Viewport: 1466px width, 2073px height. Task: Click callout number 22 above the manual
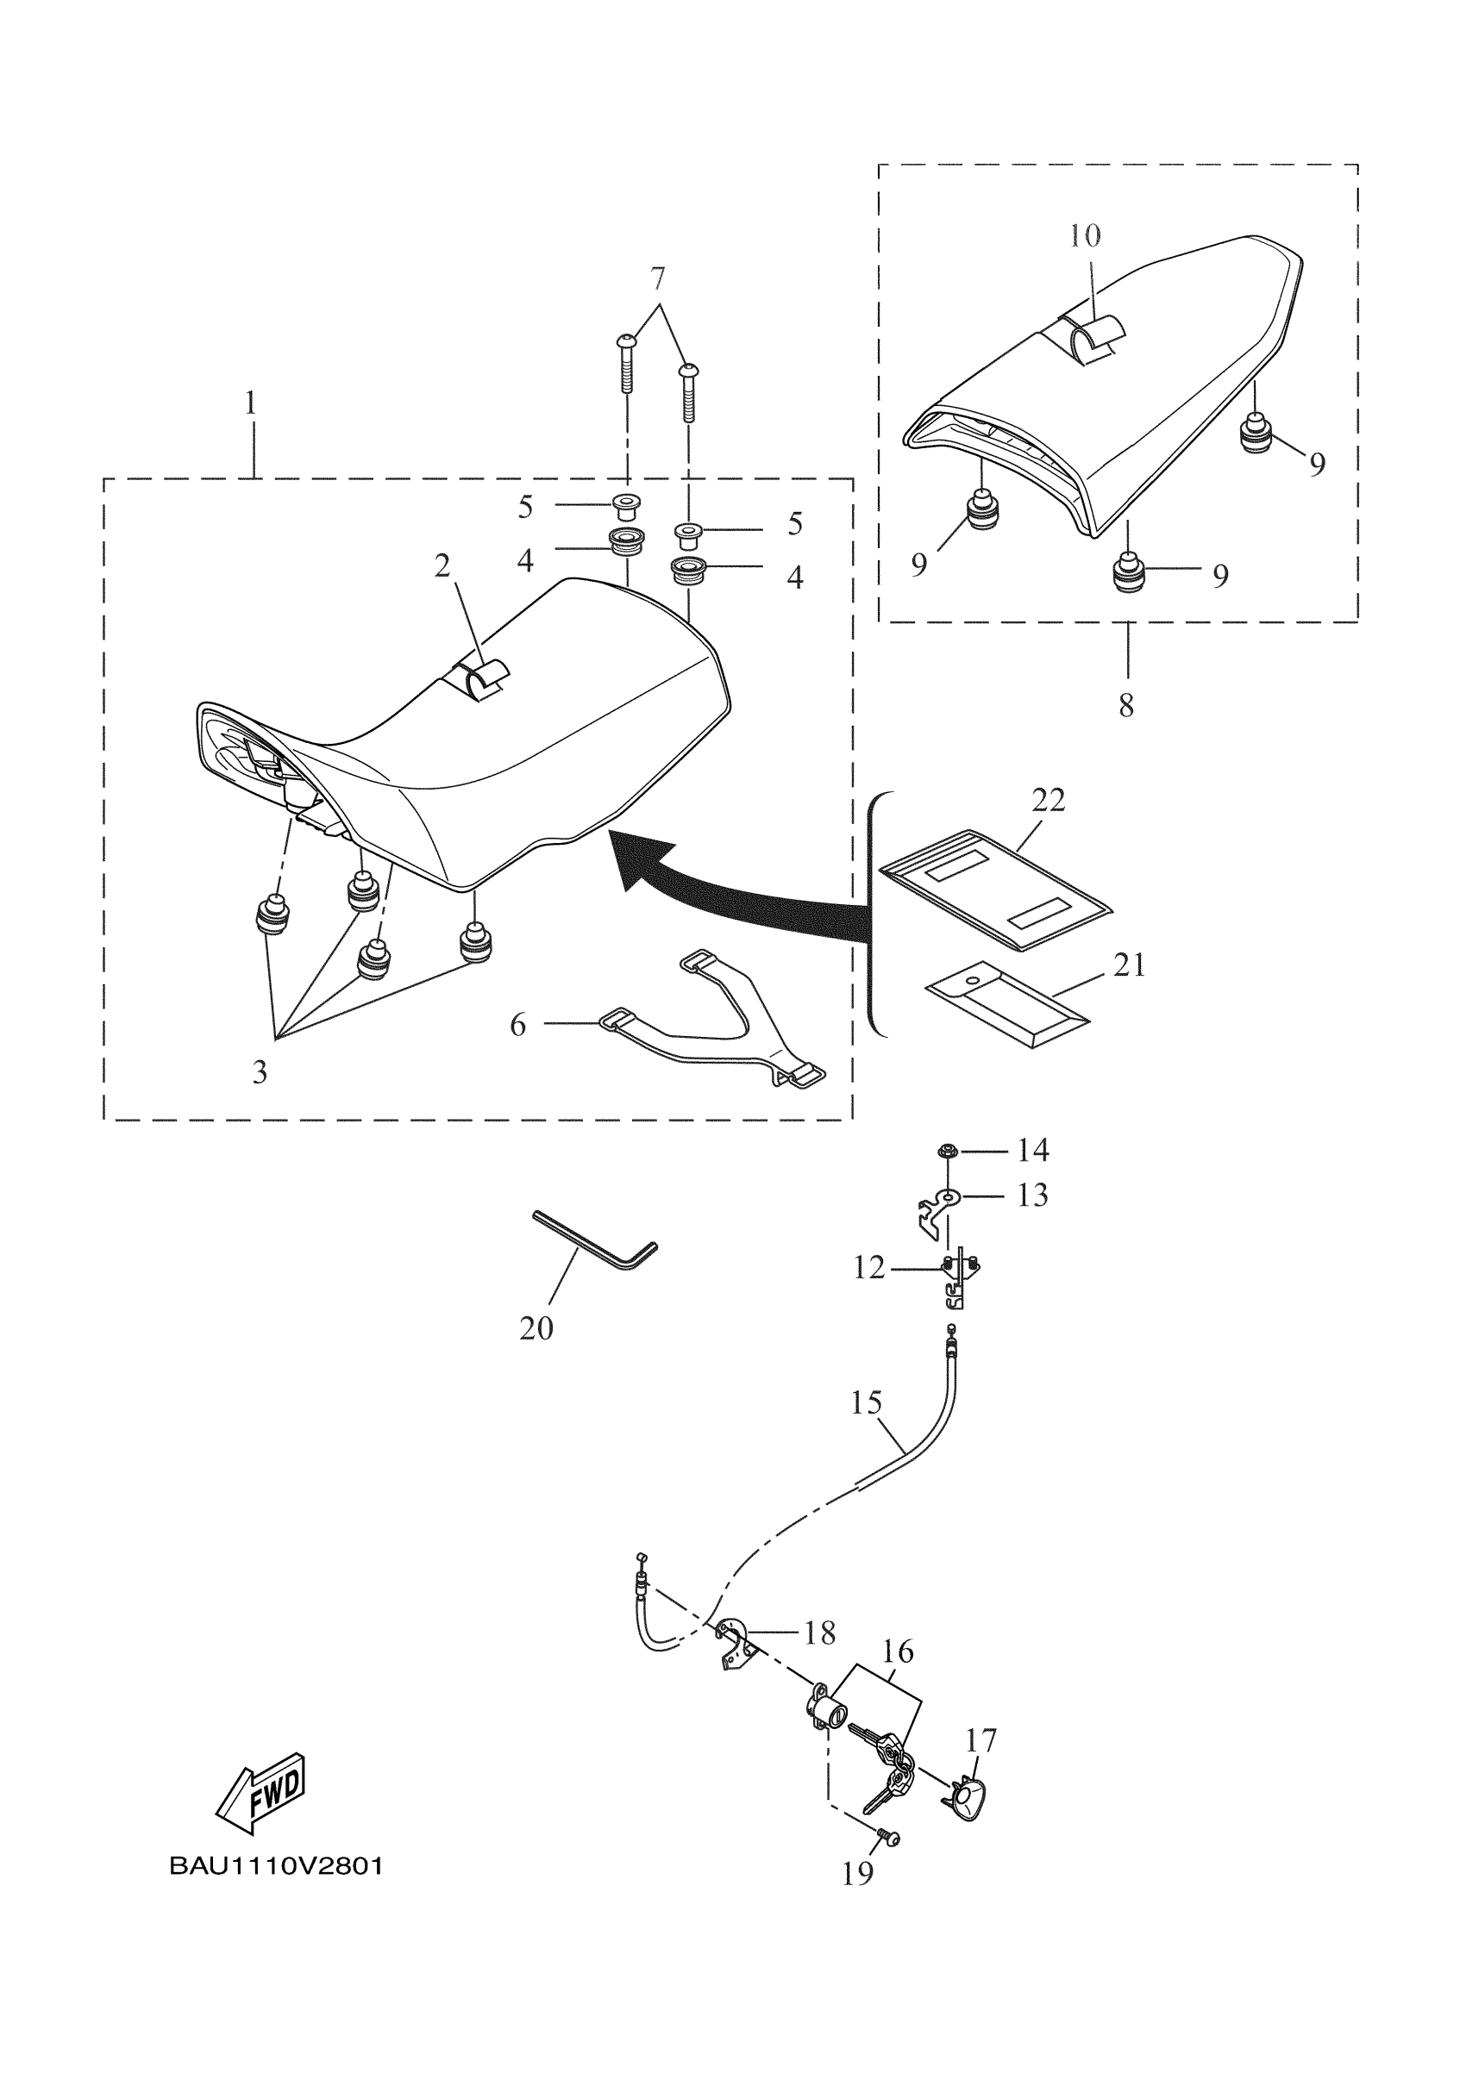(x=1048, y=800)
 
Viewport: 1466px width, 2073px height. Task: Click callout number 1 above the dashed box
(x=251, y=403)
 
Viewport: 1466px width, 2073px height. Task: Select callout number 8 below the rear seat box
(x=1125, y=706)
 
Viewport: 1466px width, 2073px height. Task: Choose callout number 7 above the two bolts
(x=658, y=278)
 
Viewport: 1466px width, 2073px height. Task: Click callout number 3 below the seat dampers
(x=260, y=1071)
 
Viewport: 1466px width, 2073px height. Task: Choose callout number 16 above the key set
(x=897, y=1652)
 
